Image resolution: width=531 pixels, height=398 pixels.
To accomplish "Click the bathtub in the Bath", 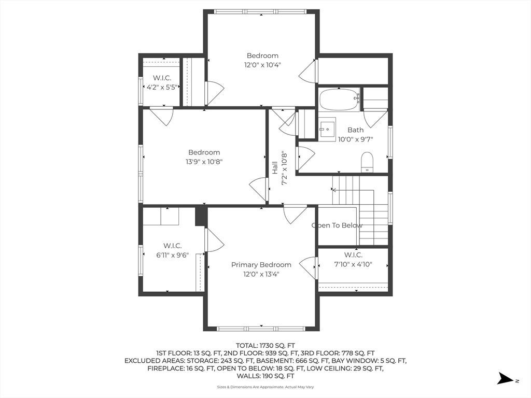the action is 339,99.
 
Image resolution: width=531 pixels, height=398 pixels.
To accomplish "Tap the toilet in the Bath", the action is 367,162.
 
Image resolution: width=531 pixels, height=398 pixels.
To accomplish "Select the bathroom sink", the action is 327,129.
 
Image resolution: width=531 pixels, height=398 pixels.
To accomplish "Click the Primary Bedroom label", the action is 261,265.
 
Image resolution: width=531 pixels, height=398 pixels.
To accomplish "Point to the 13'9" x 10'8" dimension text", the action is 204,162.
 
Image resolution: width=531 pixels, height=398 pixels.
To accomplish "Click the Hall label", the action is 275,168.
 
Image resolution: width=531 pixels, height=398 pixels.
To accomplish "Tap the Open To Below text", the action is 337,225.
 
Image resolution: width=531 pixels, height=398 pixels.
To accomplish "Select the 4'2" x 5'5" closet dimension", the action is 162,87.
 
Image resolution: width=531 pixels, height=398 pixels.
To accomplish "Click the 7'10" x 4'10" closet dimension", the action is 353,264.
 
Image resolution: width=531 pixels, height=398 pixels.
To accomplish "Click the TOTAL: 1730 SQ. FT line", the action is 265,346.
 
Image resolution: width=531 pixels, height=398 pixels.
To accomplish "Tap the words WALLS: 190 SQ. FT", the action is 265,376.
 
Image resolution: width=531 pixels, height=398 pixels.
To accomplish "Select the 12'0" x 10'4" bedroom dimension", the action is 263,65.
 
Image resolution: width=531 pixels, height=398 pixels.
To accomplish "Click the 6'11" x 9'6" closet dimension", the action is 172,255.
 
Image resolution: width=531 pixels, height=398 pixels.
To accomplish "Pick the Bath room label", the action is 356,130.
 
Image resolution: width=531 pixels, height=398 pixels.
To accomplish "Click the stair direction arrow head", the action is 333,190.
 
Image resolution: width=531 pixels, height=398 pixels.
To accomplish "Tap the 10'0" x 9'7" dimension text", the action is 356,139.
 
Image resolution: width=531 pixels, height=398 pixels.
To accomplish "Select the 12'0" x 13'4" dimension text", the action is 261,274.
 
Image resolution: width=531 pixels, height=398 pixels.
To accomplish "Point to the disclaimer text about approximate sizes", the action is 265,387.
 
